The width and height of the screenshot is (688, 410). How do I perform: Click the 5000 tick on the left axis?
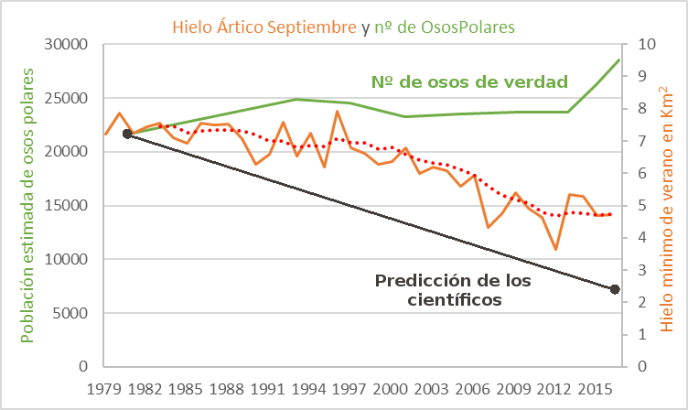[69, 313]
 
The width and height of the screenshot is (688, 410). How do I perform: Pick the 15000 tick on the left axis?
[65, 206]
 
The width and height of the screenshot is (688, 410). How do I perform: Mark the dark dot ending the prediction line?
[616, 289]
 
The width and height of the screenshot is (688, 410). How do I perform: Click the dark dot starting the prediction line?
[127, 134]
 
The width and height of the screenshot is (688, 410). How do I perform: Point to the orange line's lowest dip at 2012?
[555, 249]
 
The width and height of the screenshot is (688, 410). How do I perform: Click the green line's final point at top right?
[619, 59]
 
